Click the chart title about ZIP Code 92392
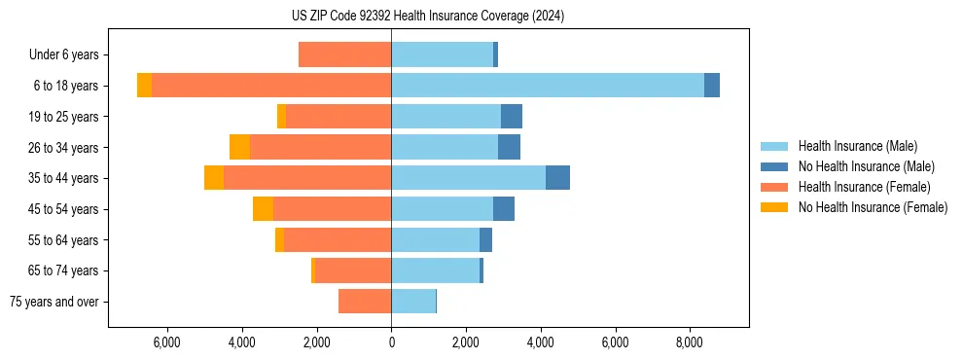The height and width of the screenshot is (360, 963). (x=427, y=17)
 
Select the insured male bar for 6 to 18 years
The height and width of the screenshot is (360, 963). (x=548, y=86)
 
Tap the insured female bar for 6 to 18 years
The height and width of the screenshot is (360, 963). (x=271, y=86)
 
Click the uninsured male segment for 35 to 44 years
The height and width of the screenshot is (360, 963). (x=557, y=178)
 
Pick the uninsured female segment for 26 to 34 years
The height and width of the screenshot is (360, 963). (x=239, y=147)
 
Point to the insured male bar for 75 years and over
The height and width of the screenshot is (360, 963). (x=413, y=302)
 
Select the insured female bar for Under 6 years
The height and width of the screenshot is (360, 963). (x=344, y=54)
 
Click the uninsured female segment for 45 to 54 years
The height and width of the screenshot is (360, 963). (x=263, y=209)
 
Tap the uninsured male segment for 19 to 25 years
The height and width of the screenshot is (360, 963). (x=512, y=117)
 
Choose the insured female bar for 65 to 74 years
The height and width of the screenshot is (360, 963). (x=353, y=270)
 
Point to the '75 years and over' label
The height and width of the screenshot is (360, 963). (x=53, y=302)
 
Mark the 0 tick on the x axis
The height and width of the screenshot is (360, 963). (x=391, y=342)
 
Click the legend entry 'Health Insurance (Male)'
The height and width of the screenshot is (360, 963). (x=857, y=146)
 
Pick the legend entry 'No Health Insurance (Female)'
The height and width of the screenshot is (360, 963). (x=873, y=207)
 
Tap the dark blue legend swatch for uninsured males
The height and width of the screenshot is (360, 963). (x=774, y=166)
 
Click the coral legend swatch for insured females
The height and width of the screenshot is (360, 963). (x=774, y=187)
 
